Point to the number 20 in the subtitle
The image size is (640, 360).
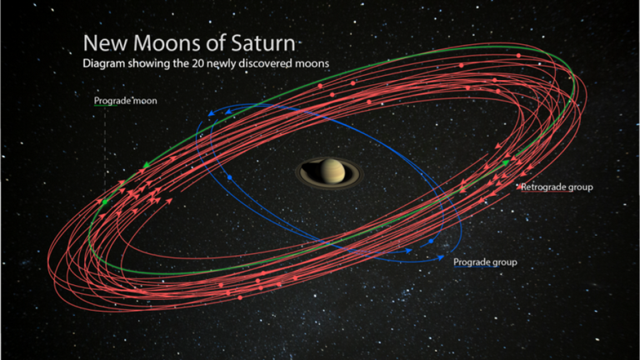200,63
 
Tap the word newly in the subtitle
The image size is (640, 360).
221,64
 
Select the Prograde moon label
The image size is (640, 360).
125,101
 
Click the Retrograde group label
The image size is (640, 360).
557,187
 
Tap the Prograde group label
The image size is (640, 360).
485,262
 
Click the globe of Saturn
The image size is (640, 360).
332,171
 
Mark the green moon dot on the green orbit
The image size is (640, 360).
105,202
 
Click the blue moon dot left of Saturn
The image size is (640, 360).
230,177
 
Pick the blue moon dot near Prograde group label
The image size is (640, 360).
431,241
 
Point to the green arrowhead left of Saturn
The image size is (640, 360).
146,165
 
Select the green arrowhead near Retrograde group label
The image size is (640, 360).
506,162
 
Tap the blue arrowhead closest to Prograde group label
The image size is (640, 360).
441,257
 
